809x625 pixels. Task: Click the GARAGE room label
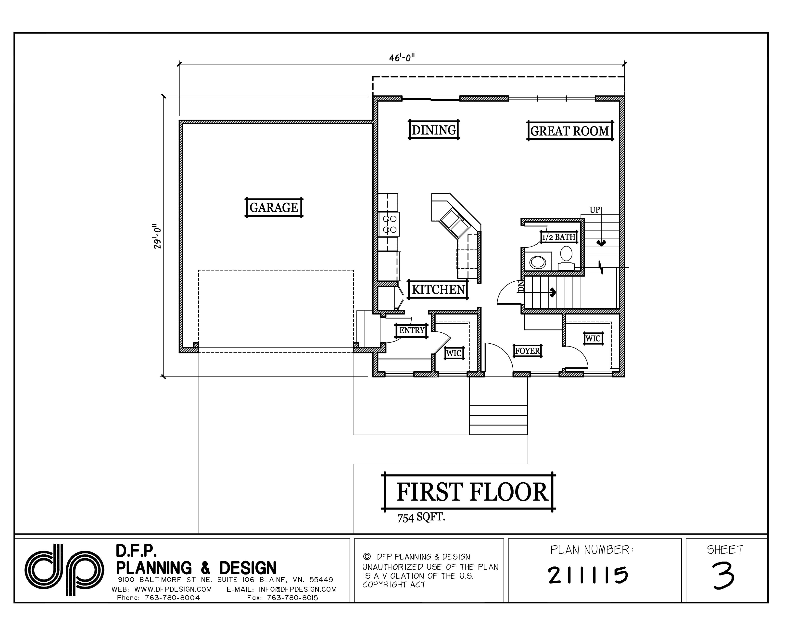[274, 207]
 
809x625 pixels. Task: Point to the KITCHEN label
[438, 289]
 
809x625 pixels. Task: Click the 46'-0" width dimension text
[402, 58]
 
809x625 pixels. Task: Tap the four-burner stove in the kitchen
[389, 224]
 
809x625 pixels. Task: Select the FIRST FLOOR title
[471, 492]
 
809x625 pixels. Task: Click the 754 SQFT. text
[421, 517]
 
